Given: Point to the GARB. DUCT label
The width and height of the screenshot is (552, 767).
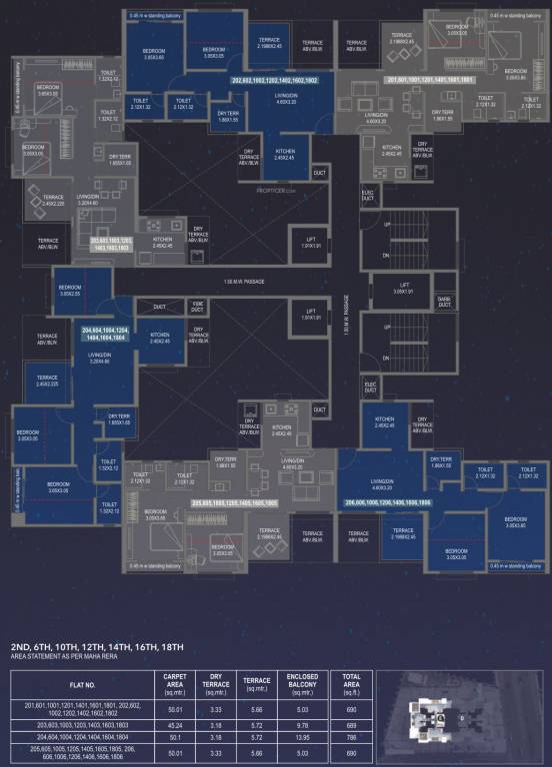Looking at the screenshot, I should click(x=444, y=301).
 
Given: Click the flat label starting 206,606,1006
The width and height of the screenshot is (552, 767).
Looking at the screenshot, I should click(x=388, y=502).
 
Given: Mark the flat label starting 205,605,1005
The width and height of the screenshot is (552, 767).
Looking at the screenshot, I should click(x=235, y=502).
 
